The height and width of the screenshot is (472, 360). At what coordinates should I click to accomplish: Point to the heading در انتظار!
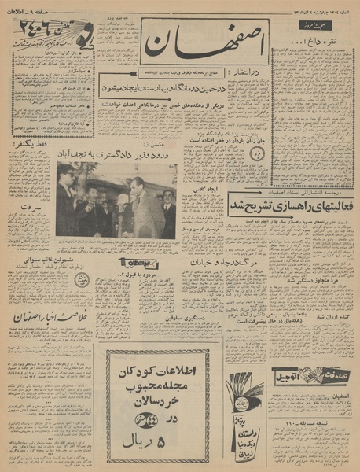pos(244,71)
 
